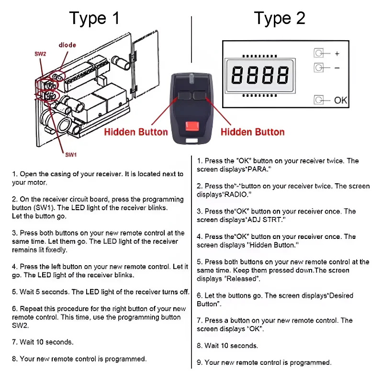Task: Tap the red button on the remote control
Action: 191,127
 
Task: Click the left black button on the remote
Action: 184,96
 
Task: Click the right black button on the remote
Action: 200,96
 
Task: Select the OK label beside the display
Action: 340,100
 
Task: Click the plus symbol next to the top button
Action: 337,54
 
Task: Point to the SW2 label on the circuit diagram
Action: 40,54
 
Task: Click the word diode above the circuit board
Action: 68,45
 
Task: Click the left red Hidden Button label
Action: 136,132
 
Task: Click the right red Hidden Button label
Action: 252,132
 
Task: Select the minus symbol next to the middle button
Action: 337,68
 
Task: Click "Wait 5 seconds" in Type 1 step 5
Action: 45,292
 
